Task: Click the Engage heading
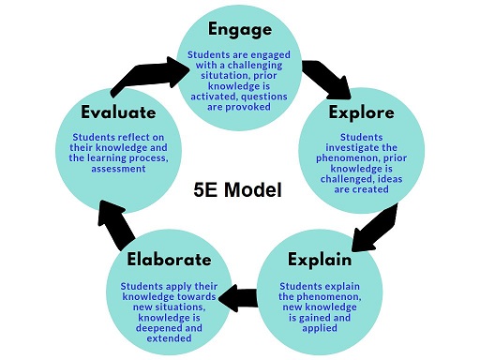240,30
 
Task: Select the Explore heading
361,112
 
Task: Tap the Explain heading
320,260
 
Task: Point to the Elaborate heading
169,260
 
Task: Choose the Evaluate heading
118,112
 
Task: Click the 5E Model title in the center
237,189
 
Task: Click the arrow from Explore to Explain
375,228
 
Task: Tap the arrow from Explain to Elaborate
238,298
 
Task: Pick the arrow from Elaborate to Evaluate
116,224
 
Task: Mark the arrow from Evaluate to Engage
150,75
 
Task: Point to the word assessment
118,169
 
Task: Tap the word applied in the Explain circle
320,328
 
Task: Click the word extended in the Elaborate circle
169,338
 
